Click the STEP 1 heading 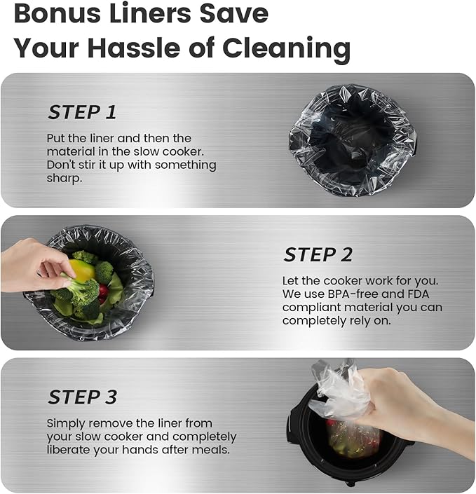[82, 112]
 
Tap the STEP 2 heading [318, 254]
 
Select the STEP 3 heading [83, 397]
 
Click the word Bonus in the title [55, 13]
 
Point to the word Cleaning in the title [286, 49]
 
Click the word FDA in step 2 [418, 294]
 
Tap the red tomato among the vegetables [103, 292]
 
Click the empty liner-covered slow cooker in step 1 [353, 140]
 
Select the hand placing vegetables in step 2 [34, 266]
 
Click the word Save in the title [234, 13]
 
